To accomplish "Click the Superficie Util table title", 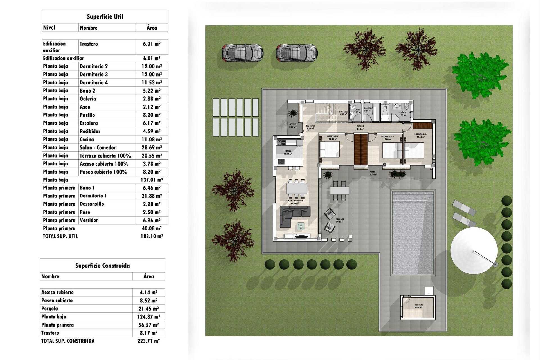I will pyautogui.click(x=105, y=17).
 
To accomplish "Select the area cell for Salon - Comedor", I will pyautogui.click(x=152, y=147).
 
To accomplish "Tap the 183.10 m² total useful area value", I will pyautogui.click(x=152, y=236).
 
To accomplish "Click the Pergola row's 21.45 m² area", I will pyautogui.click(x=148, y=309).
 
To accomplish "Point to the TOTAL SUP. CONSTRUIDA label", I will pyautogui.click(x=68, y=341).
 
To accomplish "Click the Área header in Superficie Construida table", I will pyautogui.click(x=148, y=276).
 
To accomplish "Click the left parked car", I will pyautogui.click(x=242, y=53).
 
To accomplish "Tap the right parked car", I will pyautogui.click(x=297, y=53).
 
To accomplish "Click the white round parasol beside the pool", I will pyautogui.click(x=474, y=250).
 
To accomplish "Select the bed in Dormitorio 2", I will pyautogui.click(x=329, y=149).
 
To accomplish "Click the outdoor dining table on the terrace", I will pyautogui.click(x=339, y=190).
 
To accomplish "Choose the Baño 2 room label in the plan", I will pyautogui.click(x=403, y=114).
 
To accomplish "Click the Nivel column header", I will pyautogui.click(x=49, y=28).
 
